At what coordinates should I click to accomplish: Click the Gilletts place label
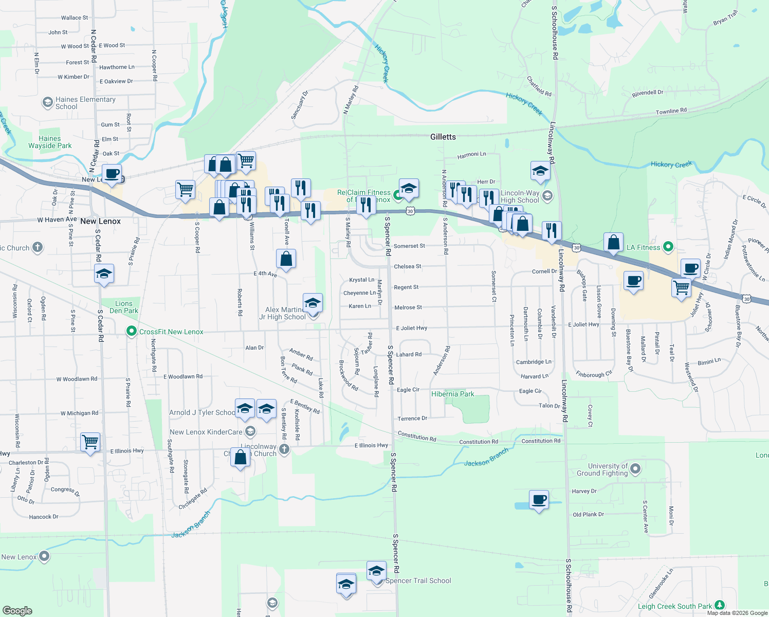click(x=443, y=137)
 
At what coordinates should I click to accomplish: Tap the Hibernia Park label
click(x=452, y=394)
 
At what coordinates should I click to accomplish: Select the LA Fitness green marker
click(x=668, y=247)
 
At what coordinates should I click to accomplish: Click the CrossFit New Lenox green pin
click(x=132, y=332)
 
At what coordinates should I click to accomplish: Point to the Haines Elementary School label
click(x=85, y=103)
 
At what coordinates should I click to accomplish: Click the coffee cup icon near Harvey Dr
click(x=539, y=500)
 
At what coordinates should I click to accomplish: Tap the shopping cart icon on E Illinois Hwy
click(x=90, y=442)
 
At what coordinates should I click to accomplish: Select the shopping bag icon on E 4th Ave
click(x=286, y=259)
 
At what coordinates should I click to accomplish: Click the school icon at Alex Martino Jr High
click(x=313, y=303)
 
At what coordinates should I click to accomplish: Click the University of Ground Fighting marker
click(x=635, y=469)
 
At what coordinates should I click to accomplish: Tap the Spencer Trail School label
click(x=418, y=580)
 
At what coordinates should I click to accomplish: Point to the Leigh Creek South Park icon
click(x=720, y=606)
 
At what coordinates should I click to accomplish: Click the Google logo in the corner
click(x=17, y=610)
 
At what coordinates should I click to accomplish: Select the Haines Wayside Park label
click(x=50, y=142)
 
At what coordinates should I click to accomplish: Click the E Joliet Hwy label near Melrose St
click(x=411, y=328)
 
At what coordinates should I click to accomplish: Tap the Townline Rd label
click(x=671, y=111)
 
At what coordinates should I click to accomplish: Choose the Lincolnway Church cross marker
click(x=284, y=449)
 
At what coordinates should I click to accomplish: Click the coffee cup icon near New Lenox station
click(x=112, y=174)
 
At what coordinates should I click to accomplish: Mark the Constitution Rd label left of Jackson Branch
click(x=417, y=437)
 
